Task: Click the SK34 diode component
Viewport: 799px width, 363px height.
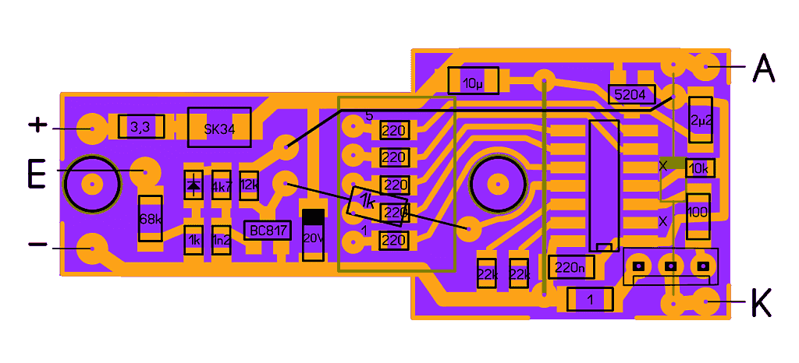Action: point(219,128)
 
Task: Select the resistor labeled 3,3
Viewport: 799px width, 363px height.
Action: point(141,127)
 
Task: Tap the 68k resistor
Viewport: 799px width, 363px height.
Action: point(149,219)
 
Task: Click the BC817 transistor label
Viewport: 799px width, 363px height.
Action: point(267,231)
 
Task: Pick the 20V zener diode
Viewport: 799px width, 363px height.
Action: point(313,234)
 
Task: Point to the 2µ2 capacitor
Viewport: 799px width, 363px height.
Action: point(700,119)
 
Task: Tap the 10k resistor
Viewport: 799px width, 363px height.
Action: point(699,167)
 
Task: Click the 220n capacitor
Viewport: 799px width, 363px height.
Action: point(571,267)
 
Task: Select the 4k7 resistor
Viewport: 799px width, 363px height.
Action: point(222,186)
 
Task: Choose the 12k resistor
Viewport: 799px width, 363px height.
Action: point(249,185)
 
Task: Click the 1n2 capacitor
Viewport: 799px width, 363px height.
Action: point(222,241)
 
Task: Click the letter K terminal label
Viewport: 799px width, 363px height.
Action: point(761,303)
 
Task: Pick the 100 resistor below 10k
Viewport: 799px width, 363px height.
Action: point(698,212)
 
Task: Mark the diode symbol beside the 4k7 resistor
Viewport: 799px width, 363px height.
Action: point(194,186)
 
